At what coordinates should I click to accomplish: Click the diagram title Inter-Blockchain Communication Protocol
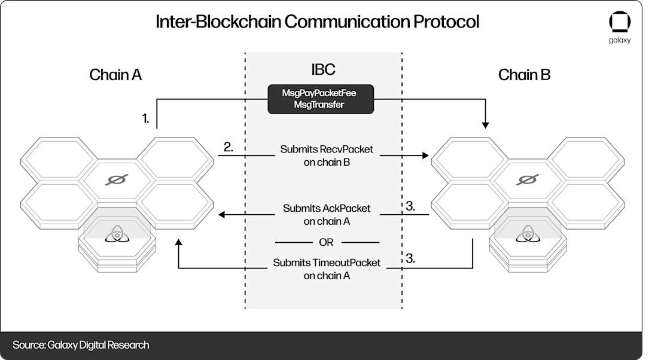(x=317, y=22)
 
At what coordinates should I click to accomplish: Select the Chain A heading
(x=115, y=75)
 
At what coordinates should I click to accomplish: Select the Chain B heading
(x=524, y=75)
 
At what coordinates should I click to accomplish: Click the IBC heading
(x=323, y=69)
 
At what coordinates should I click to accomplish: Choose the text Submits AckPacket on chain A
(x=326, y=214)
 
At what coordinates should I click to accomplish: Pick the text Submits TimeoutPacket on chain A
(x=327, y=269)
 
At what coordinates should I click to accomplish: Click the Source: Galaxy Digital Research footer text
(x=81, y=345)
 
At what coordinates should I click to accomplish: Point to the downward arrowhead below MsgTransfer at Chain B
(x=486, y=125)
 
